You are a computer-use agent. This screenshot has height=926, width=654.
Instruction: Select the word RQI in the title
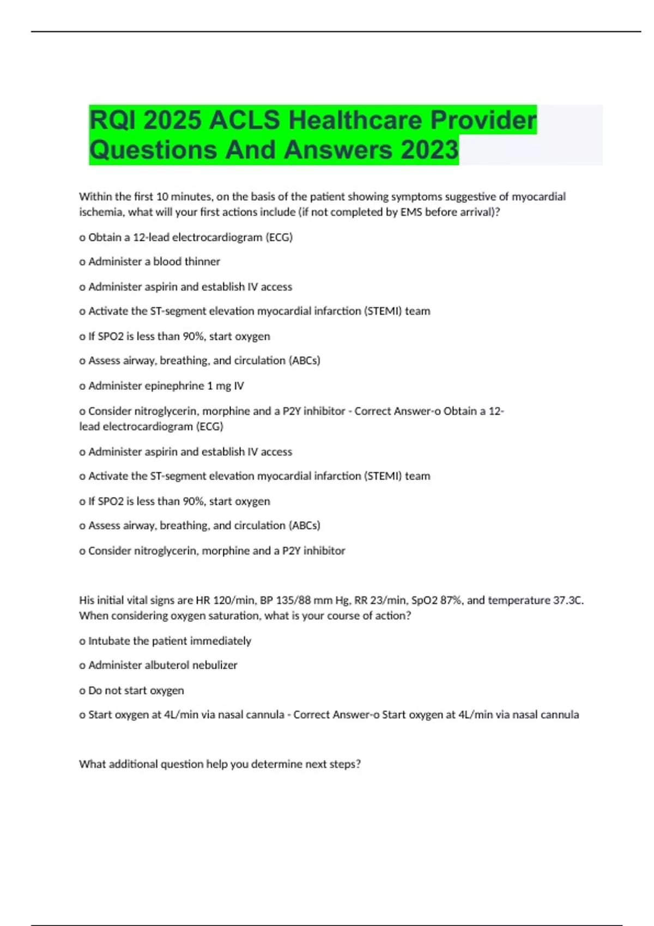pos(112,120)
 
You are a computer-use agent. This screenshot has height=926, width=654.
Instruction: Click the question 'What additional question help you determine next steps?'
pos(220,764)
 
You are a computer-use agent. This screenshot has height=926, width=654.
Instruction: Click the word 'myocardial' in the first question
pos(538,197)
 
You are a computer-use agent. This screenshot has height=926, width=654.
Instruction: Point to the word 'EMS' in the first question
pos(411,212)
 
